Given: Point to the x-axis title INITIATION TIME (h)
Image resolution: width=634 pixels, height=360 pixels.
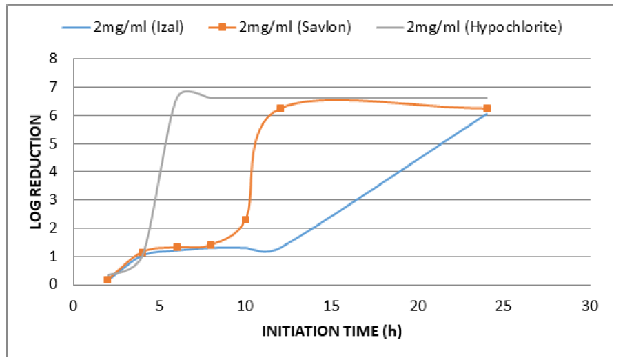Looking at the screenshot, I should coord(331,331).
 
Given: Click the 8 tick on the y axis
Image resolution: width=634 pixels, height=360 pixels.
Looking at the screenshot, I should coord(61,59).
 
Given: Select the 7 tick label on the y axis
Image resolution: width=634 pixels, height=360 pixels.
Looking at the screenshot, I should coord(61,88).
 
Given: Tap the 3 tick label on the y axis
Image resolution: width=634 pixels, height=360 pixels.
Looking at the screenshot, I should coord(61,200).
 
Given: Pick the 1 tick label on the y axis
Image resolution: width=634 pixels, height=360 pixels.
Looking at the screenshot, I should coord(61,257).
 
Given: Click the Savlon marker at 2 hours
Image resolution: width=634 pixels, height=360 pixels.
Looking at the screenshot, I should coord(108,279).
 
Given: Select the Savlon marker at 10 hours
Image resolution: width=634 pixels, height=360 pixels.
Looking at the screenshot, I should coord(245,220).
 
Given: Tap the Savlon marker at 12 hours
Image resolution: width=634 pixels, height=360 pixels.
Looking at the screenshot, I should coord(280,108).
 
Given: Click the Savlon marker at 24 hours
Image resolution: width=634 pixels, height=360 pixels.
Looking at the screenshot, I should coord(487,108).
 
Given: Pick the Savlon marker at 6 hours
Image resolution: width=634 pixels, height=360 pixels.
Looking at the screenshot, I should coord(176,247).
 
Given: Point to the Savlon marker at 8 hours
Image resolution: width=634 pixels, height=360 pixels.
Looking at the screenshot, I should coord(211,246).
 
